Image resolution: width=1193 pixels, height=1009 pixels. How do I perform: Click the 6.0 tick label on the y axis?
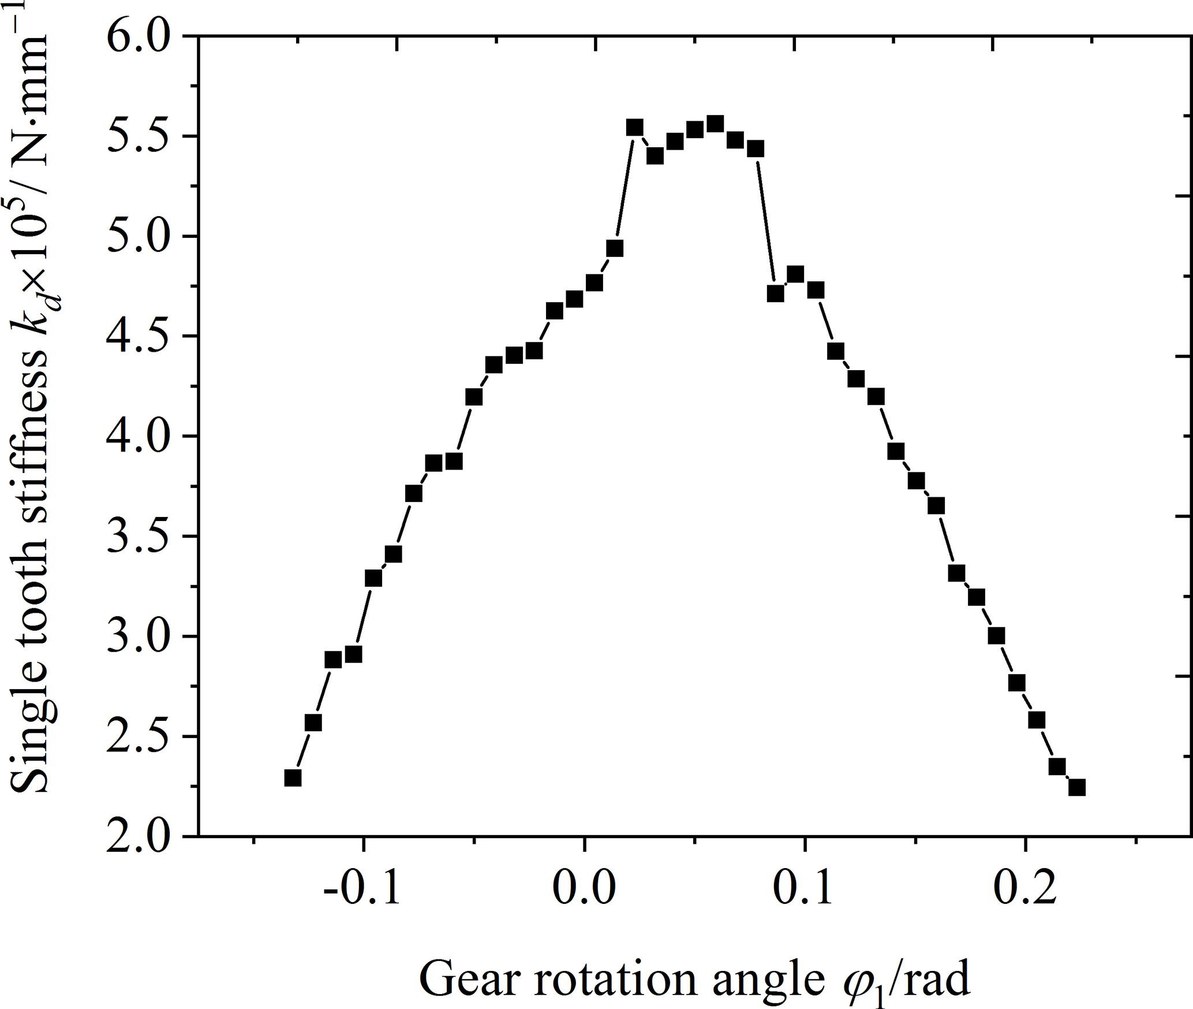[139, 37]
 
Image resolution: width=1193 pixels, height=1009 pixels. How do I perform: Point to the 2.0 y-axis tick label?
[139, 836]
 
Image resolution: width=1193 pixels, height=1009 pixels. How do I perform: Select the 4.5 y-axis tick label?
[139, 336]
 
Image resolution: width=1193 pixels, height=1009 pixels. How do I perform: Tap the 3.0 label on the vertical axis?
[139, 636]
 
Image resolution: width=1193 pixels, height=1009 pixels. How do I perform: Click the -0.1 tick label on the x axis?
[362, 888]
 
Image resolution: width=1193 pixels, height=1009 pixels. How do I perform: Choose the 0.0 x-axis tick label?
[584, 888]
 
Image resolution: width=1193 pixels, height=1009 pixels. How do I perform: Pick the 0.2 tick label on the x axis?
[1025, 888]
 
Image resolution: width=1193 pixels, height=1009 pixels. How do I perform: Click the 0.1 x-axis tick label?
[804, 888]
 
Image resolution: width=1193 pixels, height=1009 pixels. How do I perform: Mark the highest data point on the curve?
[715, 124]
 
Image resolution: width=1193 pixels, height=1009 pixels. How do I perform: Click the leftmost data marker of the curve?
[293, 778]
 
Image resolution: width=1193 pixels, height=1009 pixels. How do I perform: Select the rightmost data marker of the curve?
[1077, 787]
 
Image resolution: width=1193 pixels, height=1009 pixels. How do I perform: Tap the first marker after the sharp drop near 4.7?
[776, 293]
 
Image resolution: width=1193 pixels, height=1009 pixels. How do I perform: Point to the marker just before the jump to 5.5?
[615, 248]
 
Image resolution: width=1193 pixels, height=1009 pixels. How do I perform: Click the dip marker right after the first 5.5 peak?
[655, 155]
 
